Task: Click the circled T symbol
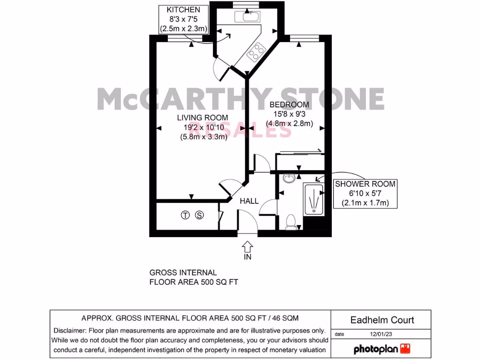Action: tap(186, 216)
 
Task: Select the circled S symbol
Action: tap(200, 216)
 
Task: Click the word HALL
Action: tap(249, 201)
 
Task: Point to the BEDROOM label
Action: tap(289, 105)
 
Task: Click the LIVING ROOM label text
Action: tap(202, 118)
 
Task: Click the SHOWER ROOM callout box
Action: tap(365, 194)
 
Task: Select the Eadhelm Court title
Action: tap(382, 320)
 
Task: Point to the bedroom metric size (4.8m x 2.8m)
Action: tap(289, 124)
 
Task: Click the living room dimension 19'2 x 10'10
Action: tap(202, 127)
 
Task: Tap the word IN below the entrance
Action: tap(247, 257)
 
